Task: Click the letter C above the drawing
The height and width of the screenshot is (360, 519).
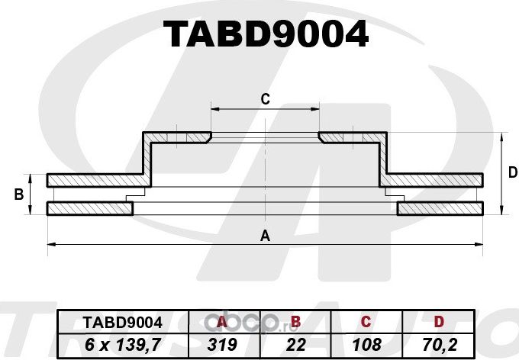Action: click(266, 98)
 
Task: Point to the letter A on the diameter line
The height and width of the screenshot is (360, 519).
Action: click(266, 236)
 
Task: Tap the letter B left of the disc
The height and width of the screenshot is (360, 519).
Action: click(18, 194)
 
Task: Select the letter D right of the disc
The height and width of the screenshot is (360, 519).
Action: click(512, 173)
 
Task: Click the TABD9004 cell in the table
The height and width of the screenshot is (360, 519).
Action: click(111, 323)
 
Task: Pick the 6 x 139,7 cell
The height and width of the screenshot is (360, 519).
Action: click(111, 345)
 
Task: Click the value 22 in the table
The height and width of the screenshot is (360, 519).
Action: click(296, 345)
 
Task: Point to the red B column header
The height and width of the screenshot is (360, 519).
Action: click(296, 323)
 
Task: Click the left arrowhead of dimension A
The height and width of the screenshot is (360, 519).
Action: click(50, 244)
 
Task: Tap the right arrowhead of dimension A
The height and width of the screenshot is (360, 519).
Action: click(481, 244)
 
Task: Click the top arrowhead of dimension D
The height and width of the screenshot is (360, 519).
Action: click(501, 136)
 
